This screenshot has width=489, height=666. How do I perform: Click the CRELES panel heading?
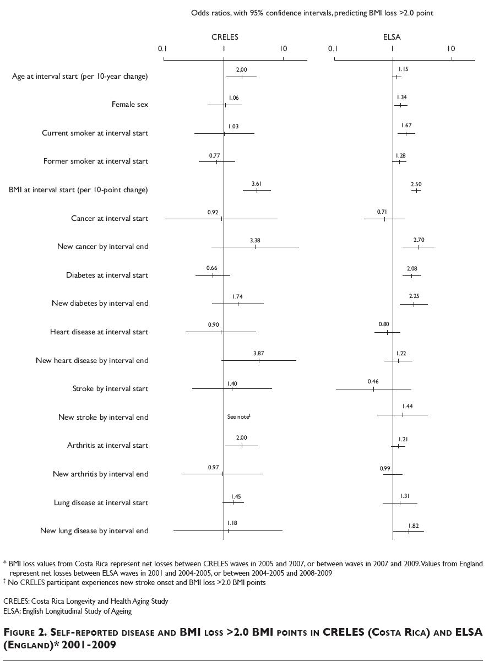(x=225, y=37)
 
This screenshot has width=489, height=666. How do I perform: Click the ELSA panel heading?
(x=392, y=37)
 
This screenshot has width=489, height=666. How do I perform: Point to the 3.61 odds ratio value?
(x=257, y=183)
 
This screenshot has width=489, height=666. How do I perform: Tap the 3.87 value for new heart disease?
(x=259, y=354)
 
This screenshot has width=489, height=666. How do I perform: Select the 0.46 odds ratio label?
(x=373, y=382)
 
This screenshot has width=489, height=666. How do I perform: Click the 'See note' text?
(x=239, y=416)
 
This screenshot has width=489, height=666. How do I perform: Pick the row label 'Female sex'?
(x=130, y=105)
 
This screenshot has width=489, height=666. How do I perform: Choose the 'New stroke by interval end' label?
(x=104, y=418)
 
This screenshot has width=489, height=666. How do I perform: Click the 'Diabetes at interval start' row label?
(x=107, y=275)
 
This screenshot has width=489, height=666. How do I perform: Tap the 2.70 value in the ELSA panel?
(x=419, y=240)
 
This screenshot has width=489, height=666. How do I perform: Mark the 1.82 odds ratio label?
(x=414, y=526)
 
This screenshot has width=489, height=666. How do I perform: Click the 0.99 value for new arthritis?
(x=385, y=468)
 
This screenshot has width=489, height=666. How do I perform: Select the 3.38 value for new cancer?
(x=255, y=240)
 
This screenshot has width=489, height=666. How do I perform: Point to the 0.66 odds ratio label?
(x=212, y=268)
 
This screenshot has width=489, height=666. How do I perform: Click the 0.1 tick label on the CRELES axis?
(x=162, y=48)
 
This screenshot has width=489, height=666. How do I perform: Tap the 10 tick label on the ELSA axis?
(x=451, y=48)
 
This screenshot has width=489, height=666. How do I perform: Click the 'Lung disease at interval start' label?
(x=101, y=503)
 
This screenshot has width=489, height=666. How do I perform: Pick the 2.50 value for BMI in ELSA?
(x=416, y=184)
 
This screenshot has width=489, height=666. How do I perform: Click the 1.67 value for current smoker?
(x=406, y=126)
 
